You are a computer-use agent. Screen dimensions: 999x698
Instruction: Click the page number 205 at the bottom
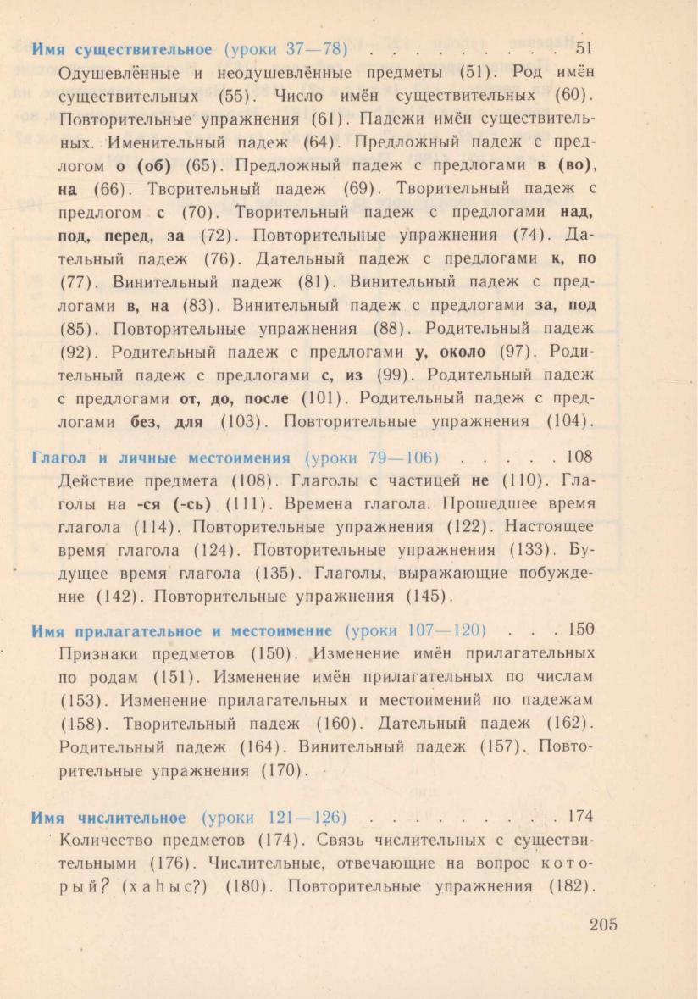[x=603, y=924]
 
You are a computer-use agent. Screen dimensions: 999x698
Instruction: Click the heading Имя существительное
[x=122, y=48]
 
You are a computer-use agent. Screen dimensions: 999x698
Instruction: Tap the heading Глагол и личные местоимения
[x=160, y=458]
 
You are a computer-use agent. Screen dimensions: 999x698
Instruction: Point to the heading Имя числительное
[x=108, y=818]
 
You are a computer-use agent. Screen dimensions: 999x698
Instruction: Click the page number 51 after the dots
[x=584, y=47]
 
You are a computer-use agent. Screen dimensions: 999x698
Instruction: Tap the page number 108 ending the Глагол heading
[x=580, y=458]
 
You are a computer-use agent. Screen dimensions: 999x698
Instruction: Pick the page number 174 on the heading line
[x=580, y=817]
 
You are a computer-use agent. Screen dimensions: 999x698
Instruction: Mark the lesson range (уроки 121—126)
[x=275, y=818]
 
